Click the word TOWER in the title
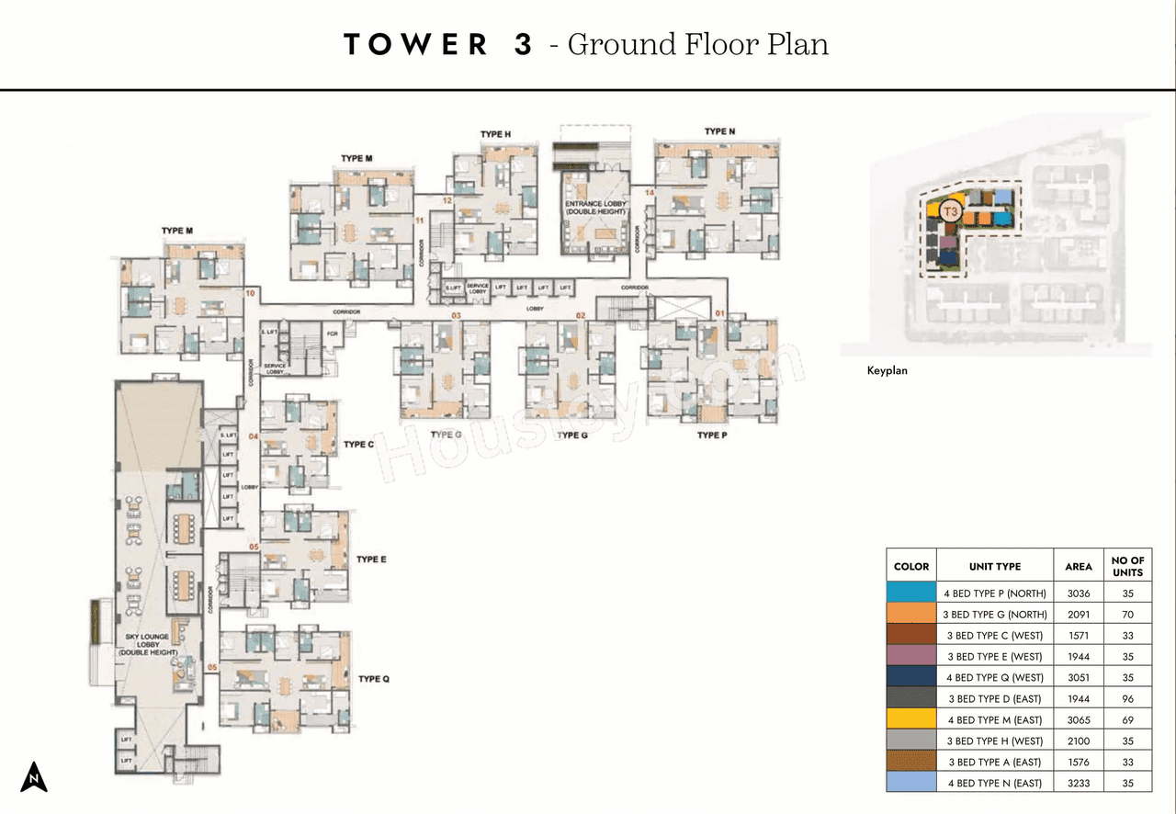click(415, 45)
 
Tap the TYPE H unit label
click(495, 135)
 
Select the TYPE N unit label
click(719, 131)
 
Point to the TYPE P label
click(712, 435)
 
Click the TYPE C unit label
click(358, 445)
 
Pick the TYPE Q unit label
click(374, 679)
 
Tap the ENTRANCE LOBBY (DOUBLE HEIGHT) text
click(595, 208)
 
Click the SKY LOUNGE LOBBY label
click(142, 644)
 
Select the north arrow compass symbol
click(34, 777)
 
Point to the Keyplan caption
click(888, 371)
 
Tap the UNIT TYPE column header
click(994, 567)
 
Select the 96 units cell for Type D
click(1127, 699)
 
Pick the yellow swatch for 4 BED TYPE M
click(910, 720)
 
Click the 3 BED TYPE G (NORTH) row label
click(994, 615)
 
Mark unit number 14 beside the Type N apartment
click(649, 193)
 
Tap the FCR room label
click(332, 334)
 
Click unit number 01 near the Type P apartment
click(719, 315)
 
